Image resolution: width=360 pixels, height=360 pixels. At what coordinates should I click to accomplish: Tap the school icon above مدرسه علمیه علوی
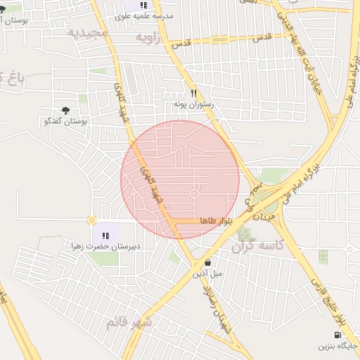pos(143,5)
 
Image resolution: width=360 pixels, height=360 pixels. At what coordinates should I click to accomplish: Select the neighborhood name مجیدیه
pos(88,32)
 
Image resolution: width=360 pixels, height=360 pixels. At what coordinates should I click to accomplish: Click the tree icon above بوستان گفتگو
pos(66,110)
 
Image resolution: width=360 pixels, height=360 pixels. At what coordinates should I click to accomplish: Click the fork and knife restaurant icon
pos(193,93)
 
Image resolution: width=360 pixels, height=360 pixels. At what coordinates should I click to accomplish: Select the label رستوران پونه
pos(193,104)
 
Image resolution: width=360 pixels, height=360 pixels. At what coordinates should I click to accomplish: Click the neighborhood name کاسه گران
pos(261,245)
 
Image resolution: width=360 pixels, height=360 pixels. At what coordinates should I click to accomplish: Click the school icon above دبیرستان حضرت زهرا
pos(106,236)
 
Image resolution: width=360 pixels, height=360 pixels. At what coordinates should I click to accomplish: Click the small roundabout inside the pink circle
pos(195,193)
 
